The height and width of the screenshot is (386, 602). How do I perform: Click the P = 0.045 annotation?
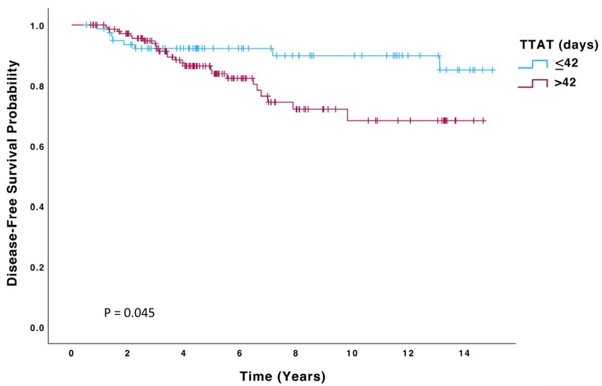129,312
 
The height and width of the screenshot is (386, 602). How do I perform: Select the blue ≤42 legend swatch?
533,63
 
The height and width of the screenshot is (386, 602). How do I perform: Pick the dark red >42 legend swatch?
533,84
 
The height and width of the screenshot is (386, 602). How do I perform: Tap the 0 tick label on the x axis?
71,354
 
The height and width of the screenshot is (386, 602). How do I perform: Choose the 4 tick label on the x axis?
183,354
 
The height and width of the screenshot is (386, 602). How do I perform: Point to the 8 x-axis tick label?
295,354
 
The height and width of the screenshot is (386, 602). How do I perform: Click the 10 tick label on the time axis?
352,354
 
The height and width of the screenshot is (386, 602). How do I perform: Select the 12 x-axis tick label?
408,354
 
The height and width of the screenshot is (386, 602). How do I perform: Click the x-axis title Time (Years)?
283,376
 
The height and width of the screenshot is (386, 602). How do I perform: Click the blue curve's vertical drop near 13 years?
439,62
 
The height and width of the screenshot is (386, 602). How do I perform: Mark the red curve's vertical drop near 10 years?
347,115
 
